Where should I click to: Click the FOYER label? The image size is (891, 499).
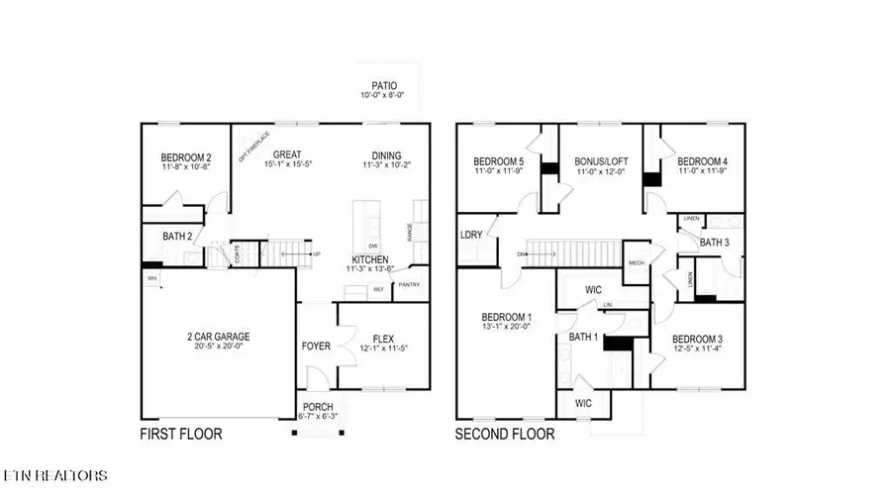pos(317,348)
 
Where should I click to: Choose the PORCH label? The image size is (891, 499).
pos(318,407)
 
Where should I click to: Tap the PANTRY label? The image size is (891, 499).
pos(409,285)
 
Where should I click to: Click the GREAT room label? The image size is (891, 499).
pos(287,154)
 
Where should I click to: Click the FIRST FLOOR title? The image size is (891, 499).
pos(180,434)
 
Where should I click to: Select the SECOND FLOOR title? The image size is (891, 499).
pos(505,434)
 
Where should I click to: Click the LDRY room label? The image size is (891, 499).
pos(471,235)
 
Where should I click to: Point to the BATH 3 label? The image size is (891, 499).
pos(716,242)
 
